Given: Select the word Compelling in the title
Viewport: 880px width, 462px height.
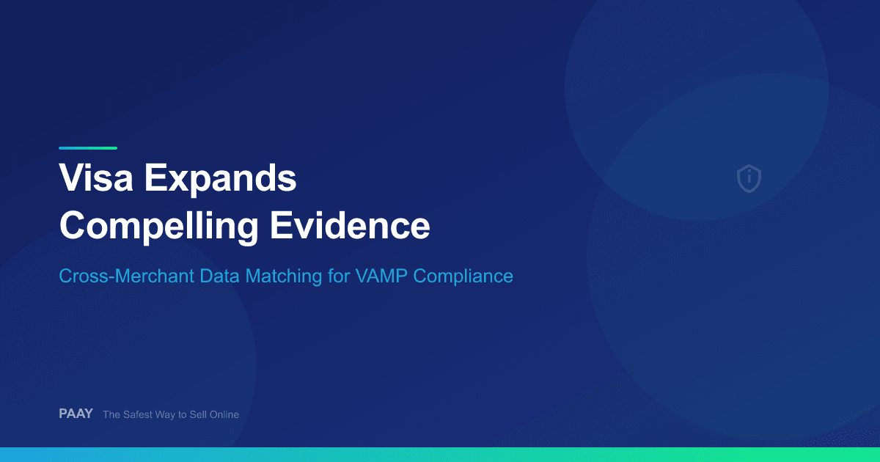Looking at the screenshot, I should coord(158,227).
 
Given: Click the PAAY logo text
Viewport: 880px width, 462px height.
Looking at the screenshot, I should coord(76,414).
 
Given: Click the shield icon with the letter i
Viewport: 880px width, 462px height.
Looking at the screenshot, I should coord(749,178).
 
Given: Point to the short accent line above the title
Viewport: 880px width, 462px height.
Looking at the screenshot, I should coord(88,147).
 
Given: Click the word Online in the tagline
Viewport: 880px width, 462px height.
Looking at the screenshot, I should coord(222,414).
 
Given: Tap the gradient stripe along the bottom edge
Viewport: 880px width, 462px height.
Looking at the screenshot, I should coord(440,455).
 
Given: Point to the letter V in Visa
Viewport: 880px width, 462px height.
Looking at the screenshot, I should coord(71,178).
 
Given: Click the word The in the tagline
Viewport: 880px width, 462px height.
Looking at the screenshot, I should coord(111,414).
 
